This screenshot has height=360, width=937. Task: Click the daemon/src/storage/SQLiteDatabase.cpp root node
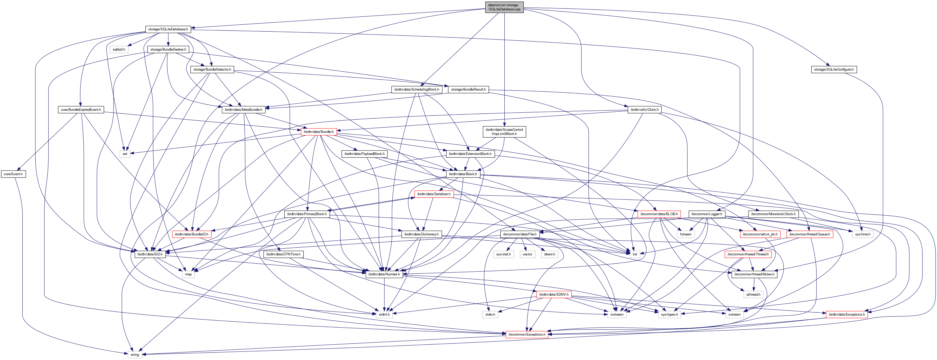504,7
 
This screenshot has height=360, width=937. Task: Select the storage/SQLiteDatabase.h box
168,29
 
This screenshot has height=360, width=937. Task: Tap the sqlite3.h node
119,50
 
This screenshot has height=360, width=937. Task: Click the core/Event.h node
13,174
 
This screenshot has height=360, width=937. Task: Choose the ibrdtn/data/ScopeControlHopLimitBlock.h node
504,132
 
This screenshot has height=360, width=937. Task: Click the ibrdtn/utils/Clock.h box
644,110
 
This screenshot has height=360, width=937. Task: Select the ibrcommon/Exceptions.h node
527,335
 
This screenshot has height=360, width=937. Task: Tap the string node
135,355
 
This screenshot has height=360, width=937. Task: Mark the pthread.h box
753,295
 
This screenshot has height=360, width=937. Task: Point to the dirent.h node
550,254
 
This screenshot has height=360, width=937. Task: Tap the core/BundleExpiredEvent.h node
81,110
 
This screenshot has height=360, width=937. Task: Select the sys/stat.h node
503,254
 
